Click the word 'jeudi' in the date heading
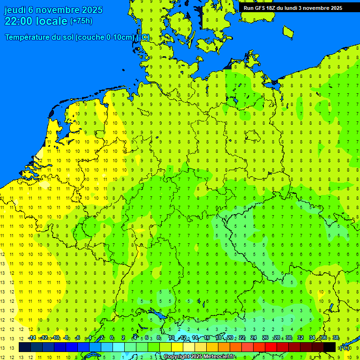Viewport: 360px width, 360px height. tap(15, 10)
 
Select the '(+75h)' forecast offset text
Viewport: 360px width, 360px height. tap(81, 21)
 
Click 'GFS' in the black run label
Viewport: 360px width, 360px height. tap(261, 8)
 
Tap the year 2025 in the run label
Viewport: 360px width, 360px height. tap(334, 8)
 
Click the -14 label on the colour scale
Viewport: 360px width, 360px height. tap(32, 338)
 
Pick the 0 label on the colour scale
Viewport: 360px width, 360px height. tap(112, 338)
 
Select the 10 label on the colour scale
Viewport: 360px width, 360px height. tap(171, 338)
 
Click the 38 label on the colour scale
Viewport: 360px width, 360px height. tap(336, 338)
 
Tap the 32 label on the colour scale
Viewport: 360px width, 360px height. tap(300, 338)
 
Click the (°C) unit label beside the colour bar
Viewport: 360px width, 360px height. tap(345, 347)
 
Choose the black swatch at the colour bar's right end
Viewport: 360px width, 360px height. tap(330, 347)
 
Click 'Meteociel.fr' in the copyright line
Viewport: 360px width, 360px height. tap(219, 357)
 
